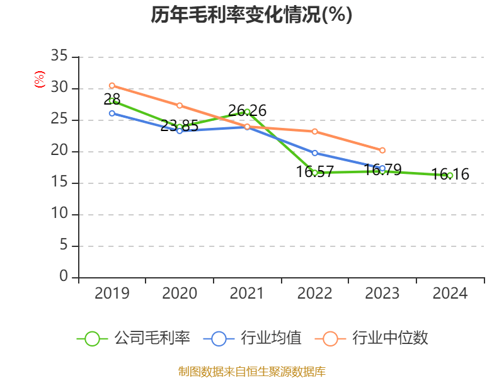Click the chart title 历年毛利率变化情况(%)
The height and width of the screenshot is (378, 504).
pyautogui.click(x=251, y=15)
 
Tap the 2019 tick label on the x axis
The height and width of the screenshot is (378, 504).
pyautogui.click(x=112, y=293)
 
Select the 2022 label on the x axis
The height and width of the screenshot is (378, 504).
pyautogui.click(x=314, y=293)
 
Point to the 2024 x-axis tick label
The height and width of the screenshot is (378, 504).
pyautogui.click(x=450, y=293)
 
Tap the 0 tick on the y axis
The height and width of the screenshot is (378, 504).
pyautogui.click(x=64, y=277)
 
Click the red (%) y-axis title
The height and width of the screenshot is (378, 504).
pyautogui.click(x=40, y=79)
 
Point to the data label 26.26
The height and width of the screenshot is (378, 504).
pyautogui.click(x=247, y=111)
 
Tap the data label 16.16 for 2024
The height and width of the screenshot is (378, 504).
pyautogui.click(x=450, y=175)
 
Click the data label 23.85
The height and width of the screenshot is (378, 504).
pyautogui.click(x=180, y=126)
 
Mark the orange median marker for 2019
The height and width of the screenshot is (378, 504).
pyautogui.click(x=112, y=85)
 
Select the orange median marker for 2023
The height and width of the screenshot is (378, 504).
pyautogui.click(x=382, y=151)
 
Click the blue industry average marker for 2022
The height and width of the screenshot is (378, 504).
pyautogui.click(x=314, y=152)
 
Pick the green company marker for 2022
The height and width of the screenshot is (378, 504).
pyautogui.click(x=314, y=173)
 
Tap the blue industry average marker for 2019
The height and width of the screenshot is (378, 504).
pyautogui.click(x=112, y=113)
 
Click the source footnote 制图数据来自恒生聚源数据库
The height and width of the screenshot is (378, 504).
pyautogui.click(x=251, y=371)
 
